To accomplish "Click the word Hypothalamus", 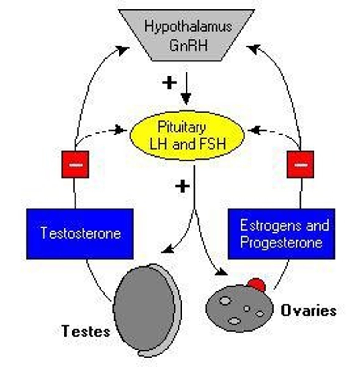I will click(188, 27).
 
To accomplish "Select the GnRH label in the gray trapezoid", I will click(188, 46).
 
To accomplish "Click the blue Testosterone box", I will click(80, 234).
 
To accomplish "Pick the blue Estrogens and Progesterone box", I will click(281, 234).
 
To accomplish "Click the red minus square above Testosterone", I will click(75, 164).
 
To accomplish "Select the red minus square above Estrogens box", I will click(300, 164).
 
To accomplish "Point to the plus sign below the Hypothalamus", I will click(169, 83).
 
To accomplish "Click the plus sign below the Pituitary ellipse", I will click(182, 186).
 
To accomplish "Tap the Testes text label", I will click(86, 331).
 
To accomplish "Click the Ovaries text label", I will click(309, 311).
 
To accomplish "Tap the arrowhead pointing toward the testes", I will click(166, 249).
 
